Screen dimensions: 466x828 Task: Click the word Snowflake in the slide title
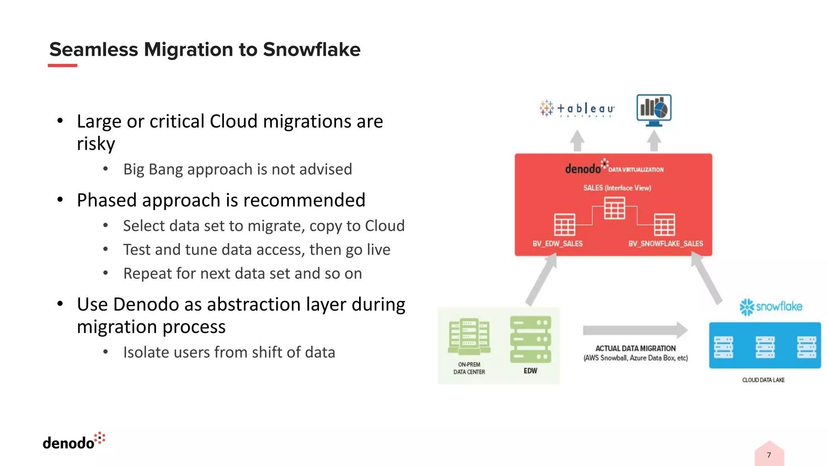tap(311, 49)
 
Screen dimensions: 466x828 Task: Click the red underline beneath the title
tap(62, 65)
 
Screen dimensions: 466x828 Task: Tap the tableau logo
tap(577, 108)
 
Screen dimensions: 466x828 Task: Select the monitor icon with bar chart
tap(654, 110)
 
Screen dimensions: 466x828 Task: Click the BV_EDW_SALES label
tap(557, 244)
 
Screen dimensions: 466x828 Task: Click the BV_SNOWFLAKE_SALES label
tap(665, 244)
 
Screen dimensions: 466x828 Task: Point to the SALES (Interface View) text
tap(617, 188)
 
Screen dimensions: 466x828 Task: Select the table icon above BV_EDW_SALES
tap(564, 225)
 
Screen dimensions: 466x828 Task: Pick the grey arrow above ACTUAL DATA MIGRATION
tap(635, 330)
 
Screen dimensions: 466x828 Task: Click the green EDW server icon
tap(530, 339)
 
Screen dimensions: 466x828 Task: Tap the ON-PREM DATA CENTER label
tap(469, 368)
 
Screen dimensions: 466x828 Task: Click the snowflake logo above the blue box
tap(771, 307)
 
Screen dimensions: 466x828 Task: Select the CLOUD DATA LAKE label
tap(763, 380)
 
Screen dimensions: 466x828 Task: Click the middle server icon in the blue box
tap(765, 347)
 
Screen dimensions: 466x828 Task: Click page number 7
tap(769, 455)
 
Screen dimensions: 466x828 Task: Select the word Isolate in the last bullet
tap(146, 352)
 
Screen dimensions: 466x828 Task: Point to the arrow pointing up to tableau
tap(577, 140)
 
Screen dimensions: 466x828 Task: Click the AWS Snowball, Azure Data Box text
tap(635, 358)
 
